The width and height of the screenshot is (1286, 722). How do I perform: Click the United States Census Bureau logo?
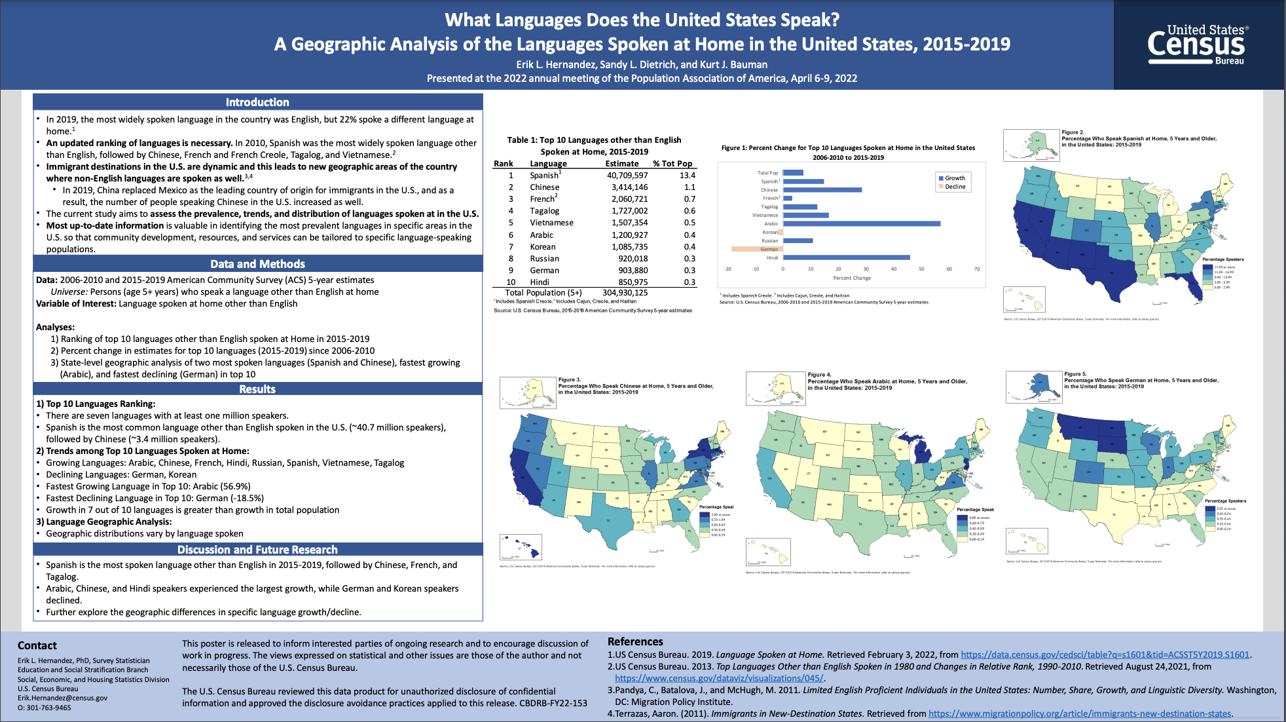[1198, 45]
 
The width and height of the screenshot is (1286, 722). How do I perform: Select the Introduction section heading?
[257, 102]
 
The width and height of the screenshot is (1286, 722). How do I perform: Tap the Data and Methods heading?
[257, 264]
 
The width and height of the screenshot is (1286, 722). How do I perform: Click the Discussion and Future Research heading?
[257, 550]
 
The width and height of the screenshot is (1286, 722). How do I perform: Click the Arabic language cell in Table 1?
[542, 235]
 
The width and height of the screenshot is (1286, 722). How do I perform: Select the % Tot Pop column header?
[672, 164]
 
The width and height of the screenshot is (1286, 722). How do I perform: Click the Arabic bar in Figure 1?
[862, 223]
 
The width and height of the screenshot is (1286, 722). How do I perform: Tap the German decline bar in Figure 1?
[757, 249]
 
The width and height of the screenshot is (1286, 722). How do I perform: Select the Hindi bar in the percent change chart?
[846, 257]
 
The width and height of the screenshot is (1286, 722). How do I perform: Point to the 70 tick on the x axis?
[977, 269]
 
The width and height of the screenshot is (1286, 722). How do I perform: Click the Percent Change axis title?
[852, 278]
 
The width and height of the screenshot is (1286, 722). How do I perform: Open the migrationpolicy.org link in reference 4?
[1080, 713]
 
